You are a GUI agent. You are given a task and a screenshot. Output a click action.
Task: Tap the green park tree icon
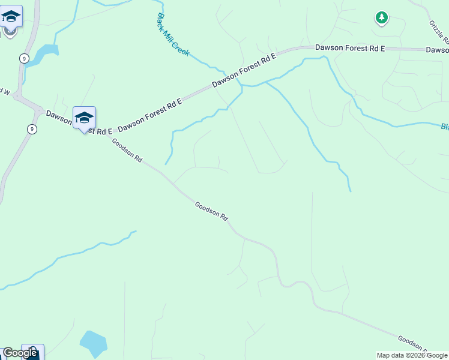(x=382, y=18)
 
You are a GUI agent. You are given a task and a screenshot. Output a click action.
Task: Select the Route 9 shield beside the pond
(x=23, y=58)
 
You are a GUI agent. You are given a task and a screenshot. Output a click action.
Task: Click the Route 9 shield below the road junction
(x=32, y=129)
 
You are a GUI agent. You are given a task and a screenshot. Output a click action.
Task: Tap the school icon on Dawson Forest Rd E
(x=84, y=118)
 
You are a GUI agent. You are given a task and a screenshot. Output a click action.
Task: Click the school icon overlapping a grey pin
(x=11, y=16)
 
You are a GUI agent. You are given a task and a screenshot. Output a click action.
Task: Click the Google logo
(x=20, y=353)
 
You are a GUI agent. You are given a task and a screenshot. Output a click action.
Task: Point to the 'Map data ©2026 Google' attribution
(x=412, y=355)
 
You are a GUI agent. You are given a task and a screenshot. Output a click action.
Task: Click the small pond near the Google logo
(x=93, y=343)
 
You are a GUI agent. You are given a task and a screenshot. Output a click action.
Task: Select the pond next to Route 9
(x=42, y=55)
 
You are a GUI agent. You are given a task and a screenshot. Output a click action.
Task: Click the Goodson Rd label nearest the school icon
(x=127, y=151)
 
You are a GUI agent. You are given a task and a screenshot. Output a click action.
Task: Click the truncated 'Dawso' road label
(x=437, y=50)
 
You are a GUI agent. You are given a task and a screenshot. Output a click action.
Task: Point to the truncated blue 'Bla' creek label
(x=444, y=127)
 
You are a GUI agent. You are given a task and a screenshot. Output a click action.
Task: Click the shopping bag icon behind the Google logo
(x=33, y=352)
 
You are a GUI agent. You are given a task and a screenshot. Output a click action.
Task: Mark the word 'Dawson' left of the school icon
(x=59, y=116)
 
